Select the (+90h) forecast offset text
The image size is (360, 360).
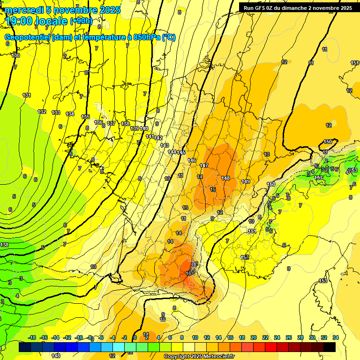click(81, 21)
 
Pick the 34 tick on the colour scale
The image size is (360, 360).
click(335, 337)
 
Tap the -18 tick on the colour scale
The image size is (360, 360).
click(32, 337)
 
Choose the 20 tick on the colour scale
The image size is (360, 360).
click(253, 337)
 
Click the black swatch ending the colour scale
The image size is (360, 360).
click(329, 347)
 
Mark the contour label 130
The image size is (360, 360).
click(16, 55)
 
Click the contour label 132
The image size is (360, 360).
click(42, 112)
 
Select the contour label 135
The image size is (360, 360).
click(85, 117)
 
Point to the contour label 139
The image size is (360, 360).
click(135, 128)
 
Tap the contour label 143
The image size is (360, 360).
click(165, 145)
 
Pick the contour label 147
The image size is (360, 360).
click(204, 166)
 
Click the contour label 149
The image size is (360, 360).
click(246, 181)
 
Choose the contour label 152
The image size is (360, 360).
click(245, 257)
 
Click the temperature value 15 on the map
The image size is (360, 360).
click(213, 189)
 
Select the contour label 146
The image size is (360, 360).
click(192, 160)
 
